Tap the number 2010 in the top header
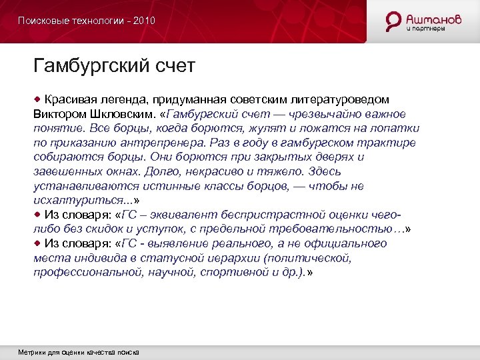point(144,21)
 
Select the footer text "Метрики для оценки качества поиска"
point(79,352)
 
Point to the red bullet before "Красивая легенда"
point(38,99)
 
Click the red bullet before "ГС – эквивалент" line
point(38,214)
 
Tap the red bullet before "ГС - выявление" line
point(38,243)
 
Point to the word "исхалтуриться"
point(77,201)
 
